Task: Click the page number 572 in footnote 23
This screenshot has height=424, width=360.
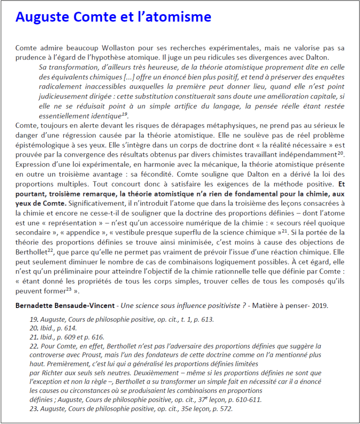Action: [x=225, y=409]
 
